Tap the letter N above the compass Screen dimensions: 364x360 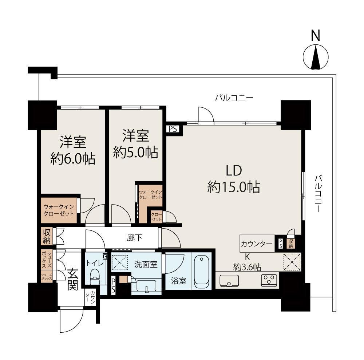pyautogui.click(x=316, y=36)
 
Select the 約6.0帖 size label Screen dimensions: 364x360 pyautogui.click(x=73, y=159)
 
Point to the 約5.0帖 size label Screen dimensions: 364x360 pyautogui.click(x=135, y=153)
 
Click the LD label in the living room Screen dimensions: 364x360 pyautogui.click(x=234, y=170)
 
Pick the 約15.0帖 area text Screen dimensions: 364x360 pyautogui.click(x=234, y=187)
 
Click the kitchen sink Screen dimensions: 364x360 pyautogui.click(x=229, y=280)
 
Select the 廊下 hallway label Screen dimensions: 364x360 pyautogui.click(x=135, y=238)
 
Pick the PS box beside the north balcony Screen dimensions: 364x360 pyautogui.click(x=173, y=129)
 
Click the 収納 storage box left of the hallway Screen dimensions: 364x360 pyautogui.click(x=47, y=236)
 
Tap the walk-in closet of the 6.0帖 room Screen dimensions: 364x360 pyautogui.click(x=59, y=210)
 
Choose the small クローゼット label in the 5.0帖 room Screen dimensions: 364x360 pyautogui.click(x=157, y=217)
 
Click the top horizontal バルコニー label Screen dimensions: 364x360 pyautogui.click(x=234, y=98)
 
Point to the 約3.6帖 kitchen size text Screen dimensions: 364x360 pyautogui.click(x=247, y=267)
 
